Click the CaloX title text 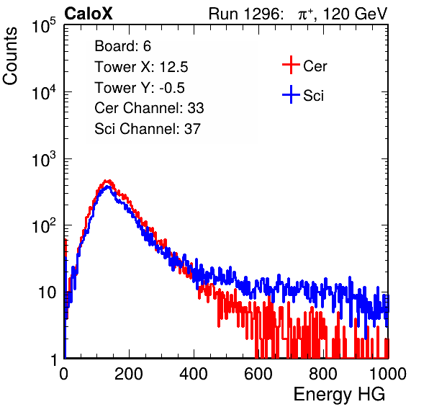click(x=89, y=14)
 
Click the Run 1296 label click(x=245, y=14)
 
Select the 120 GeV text click(x=356, y=14)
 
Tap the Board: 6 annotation click(x=122, y=46)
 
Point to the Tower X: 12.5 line click(x=141, y=67)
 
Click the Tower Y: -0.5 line click(x=140, y=88)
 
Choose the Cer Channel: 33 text click(x=149, y=108)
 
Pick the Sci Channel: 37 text click(x=148, y=129)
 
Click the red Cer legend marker click(x=291, y=65)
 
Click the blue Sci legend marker click(x=291, y=95)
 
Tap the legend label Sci click(x=314, y=96)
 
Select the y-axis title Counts click(x=10, y=56)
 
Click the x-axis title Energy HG click(x=339, y=394)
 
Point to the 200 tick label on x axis click(x=129, y=374)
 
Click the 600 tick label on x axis click(x=258, y=374)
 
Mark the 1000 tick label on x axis click(x=388, y=374)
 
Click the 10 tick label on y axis click(x=48, y=292)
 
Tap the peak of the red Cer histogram click(x=109, y=181)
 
